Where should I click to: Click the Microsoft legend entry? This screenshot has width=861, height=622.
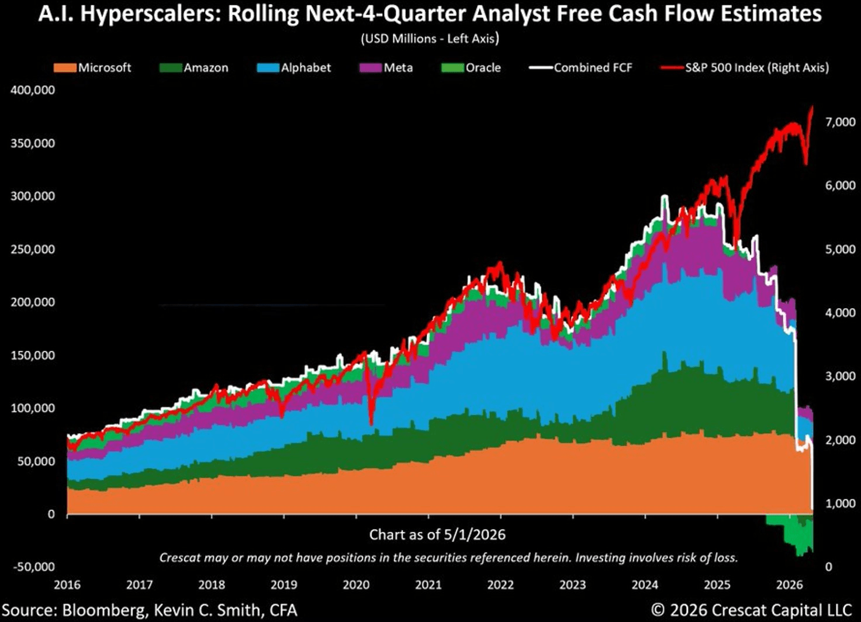pyautogui.click(x=92, y=68)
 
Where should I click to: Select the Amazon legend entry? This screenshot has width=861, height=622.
pyautogui.click(x=193, y=68)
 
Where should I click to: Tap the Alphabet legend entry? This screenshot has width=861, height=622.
pyautogui.click(x=294, y=68)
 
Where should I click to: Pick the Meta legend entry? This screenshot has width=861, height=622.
pyautogui.click(x=386, y=68)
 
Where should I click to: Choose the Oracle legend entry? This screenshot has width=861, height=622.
pyautogui.click(x=471, y=68)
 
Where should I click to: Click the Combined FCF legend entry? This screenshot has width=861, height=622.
pyautogui.click(x=581, y=68)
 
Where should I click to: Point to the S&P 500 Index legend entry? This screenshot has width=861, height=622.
pyautogui.click(x=745, y=68)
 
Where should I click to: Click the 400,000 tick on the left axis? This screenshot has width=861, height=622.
pyautogui.click(x=33, y=91)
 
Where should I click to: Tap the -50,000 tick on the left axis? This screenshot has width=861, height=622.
pyautogui.click(x=34, y=567)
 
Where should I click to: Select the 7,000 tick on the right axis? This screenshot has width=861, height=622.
pyautogui.click(x=835, y=122)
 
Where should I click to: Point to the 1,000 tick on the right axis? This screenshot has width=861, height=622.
pyautogui.click(x=835, y=503)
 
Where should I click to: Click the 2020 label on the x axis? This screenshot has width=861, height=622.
pyautogui.click(x=357, y=585)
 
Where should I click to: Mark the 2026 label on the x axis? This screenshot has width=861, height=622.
pyautogui.click(x=790, y=585)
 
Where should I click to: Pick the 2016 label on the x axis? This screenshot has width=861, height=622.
pyautogui.click(x=67, y=585)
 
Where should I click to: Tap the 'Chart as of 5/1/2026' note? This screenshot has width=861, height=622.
pyautogui.click(x=437, y=535)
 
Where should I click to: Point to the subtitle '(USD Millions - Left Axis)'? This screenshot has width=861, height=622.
pyautogui.click(x=430, y=39)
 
